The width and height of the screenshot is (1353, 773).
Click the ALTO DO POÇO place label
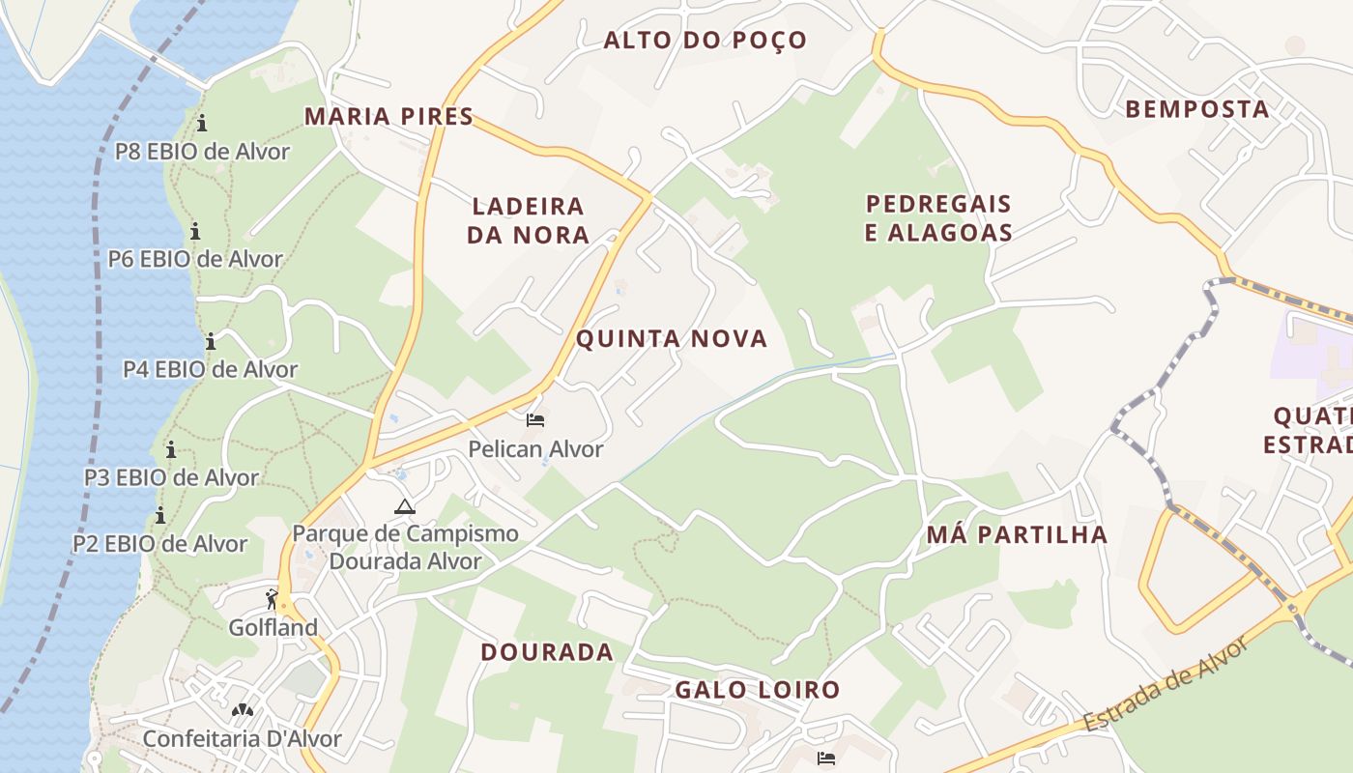(x=705, y=41)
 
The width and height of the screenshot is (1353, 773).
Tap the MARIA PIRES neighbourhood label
(x=389, y=117)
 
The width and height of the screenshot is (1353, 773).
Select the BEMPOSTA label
(x=1196, y=109)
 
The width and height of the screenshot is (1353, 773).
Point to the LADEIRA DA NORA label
(x=528, y=220)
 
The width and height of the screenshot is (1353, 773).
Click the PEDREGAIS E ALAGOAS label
(x=937, y=218)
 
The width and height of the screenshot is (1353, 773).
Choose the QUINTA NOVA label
(x=672, y=339)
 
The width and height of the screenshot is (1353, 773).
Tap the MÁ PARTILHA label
(x=1017, y=535)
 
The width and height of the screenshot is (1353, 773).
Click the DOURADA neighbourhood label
(x=547, y=652)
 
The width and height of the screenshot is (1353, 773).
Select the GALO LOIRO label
(x=757, y=690)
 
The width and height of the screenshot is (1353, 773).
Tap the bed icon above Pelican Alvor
(x=535, y=420)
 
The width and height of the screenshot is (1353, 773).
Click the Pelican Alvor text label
(x=535, y=449)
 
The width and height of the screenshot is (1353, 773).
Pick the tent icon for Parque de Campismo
(x=405, y=506)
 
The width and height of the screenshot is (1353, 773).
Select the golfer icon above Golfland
(x=272, y=600)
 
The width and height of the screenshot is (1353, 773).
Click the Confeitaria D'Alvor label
(x=242, y=739)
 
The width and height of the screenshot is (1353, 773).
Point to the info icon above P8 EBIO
(x=202, y=123)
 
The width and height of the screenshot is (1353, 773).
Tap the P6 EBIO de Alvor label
(x=195, y=259)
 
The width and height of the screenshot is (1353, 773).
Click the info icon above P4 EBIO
(x=210, y=341)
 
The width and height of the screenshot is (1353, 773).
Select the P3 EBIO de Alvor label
(x=171, y=477)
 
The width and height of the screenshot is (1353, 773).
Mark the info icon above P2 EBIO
(x=160, y=515)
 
